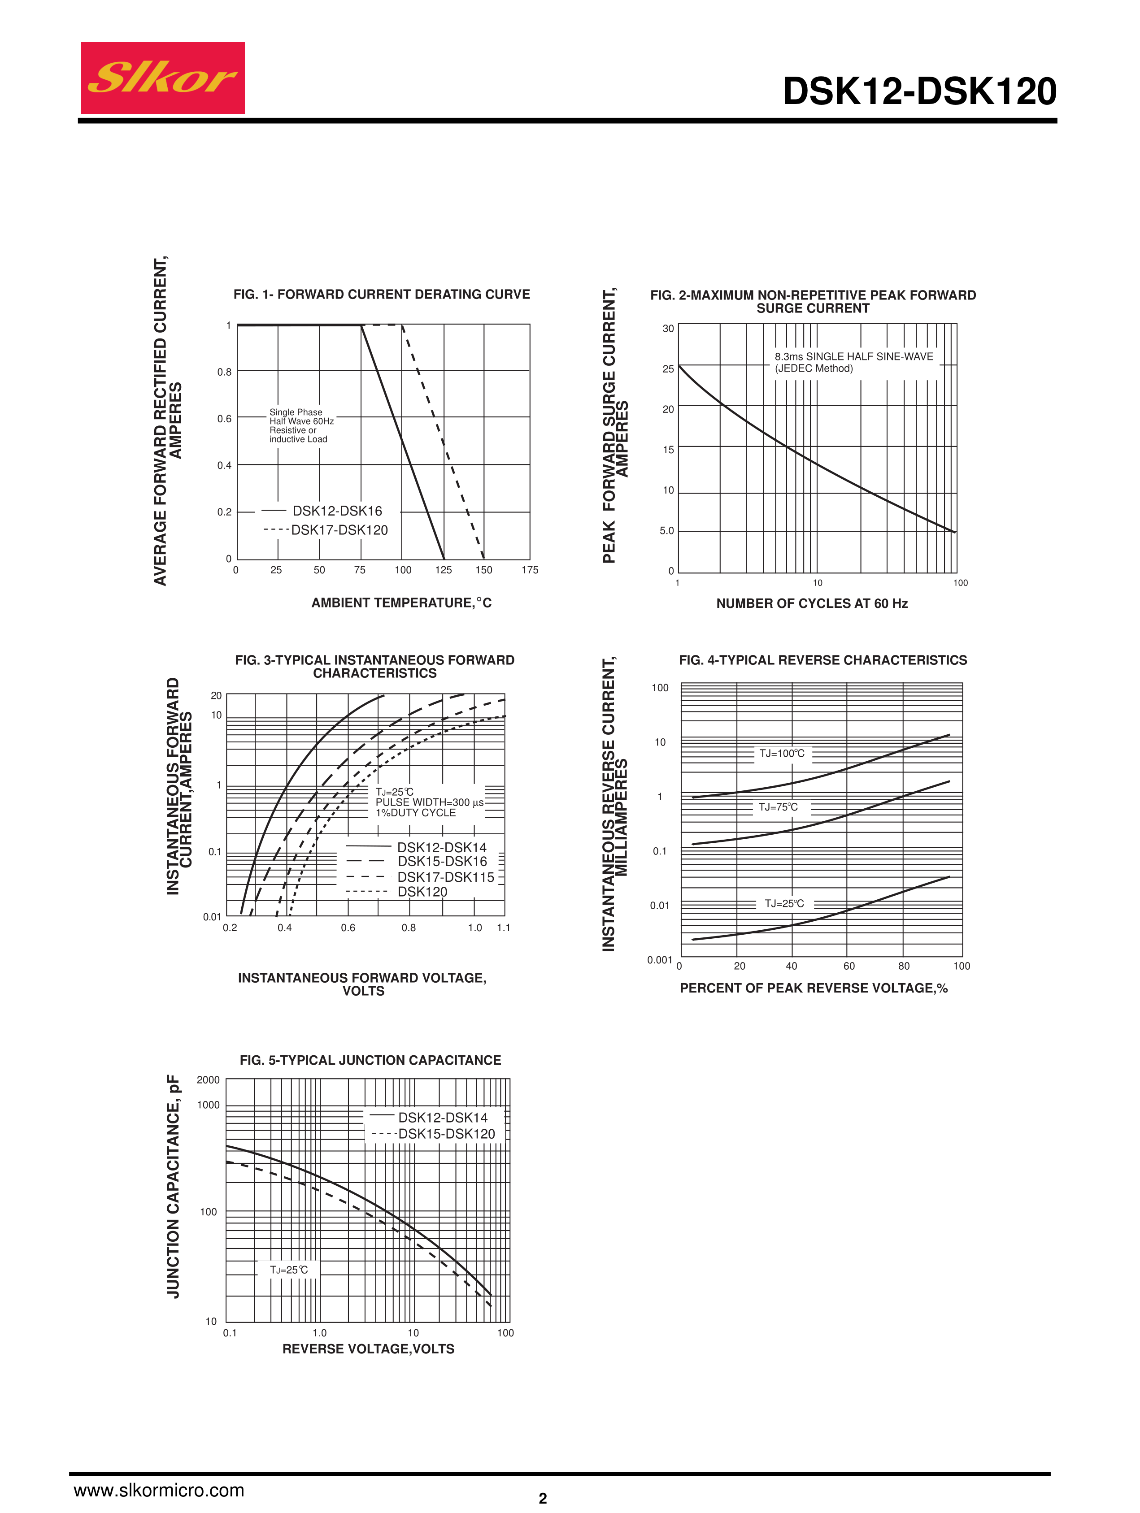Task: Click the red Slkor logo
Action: click(162, 78)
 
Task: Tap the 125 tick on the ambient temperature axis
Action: click(444, 570)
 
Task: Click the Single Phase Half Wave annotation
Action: click(300, 425)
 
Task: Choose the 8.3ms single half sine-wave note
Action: click(853, 363)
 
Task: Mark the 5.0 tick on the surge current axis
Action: click(666, 531)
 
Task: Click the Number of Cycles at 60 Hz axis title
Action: click(812, 603)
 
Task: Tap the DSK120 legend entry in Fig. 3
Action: click(422, 892)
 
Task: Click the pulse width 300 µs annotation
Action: click(429, 802)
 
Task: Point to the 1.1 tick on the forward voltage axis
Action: click(504, 928)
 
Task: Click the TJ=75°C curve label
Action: click(778, 807)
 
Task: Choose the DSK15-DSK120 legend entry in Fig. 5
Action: click(446, 1134)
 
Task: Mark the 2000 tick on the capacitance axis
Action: click(208, 1080)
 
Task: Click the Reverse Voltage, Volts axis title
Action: click(368, 1349)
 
